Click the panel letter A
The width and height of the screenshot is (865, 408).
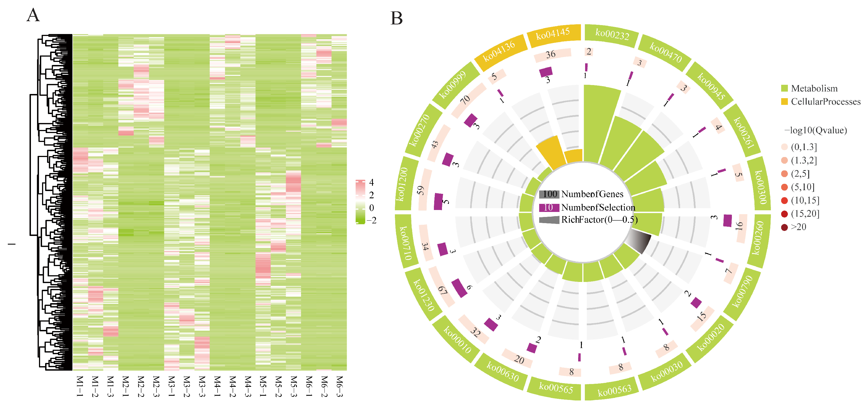coord(33,15)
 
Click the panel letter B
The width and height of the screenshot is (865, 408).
coord(397,18)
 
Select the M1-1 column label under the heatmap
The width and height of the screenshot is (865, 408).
coord(80,386)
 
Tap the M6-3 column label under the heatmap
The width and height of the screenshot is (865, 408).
coord(339,386)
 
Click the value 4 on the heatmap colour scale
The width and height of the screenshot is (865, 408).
coord(372,182)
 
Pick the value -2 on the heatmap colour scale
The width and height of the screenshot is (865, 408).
coord(372,220)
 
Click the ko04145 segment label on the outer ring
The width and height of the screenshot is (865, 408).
coord(553,34)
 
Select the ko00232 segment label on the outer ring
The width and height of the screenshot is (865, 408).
coord(612,34)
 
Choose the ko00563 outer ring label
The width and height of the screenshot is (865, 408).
coord(615,390)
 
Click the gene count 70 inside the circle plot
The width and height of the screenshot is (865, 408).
coord(465,100)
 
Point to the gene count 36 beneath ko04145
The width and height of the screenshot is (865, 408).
coord(550,54)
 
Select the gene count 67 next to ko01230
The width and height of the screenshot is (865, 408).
coord(443,290)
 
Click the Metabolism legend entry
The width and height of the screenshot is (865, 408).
coord(814,88)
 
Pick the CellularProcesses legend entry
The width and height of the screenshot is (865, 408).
coord(825,102)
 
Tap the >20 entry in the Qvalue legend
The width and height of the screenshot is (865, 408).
coord(798,227)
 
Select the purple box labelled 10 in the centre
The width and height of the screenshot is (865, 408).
coord(549,207)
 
